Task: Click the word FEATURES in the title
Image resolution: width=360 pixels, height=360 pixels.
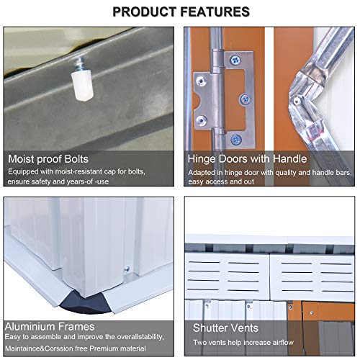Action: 216,12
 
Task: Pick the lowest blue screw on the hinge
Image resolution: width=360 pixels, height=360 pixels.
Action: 235,138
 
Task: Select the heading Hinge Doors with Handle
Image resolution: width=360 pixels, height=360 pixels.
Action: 246,158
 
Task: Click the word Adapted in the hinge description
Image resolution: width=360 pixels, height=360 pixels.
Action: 203,172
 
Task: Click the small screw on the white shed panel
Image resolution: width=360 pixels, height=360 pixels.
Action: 127,270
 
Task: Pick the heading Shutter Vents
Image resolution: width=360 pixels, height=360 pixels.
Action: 226,328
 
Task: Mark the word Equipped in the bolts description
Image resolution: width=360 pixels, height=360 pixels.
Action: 24,172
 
